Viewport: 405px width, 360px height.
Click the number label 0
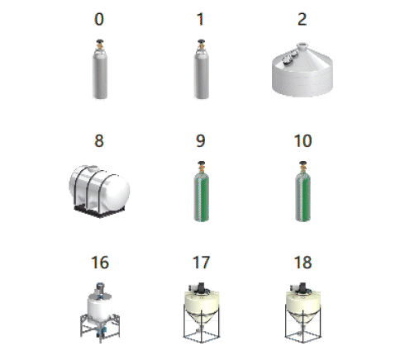[99, 19]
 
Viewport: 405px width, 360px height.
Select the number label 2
[303, 19]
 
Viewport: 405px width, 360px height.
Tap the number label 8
[99, 140]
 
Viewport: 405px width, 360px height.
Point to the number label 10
[303, 140]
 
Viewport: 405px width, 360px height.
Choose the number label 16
[100, 263]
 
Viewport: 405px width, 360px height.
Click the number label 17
[201, 263]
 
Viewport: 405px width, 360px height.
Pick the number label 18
[303, 263]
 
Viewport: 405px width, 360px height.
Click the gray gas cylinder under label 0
[100, 69]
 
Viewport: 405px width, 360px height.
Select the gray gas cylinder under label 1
[202, 69]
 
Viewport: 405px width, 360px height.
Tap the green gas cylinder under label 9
[202, 192]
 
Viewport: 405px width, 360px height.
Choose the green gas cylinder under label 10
[303, 192]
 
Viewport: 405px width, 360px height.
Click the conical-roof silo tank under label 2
[303, 70]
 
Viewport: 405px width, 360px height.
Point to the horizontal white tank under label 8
[99, 192]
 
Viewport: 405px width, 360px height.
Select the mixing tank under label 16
[100, 313]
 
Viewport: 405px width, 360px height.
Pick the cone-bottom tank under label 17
[202, 313]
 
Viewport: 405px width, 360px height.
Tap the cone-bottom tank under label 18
[303, 313]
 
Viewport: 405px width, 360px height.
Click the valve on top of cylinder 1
[202, 44]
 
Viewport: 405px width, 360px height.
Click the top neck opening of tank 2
[303, 45]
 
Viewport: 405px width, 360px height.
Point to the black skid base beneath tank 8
[99, 211]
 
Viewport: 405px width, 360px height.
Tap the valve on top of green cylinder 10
[303, 166]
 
